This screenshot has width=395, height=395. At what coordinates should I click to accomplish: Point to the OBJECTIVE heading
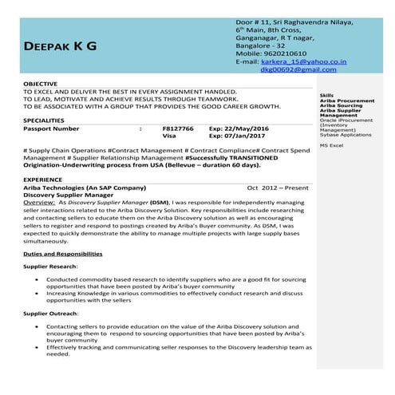40,84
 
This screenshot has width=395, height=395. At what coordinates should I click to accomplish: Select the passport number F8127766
177,128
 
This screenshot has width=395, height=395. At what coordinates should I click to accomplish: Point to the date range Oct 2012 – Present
277,187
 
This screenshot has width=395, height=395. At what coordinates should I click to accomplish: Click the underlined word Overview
39,203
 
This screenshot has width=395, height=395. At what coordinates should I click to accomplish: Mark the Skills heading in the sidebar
325,93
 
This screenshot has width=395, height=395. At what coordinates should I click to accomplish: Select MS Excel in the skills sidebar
331,146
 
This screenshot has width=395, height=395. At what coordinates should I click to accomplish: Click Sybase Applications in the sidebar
346,135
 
